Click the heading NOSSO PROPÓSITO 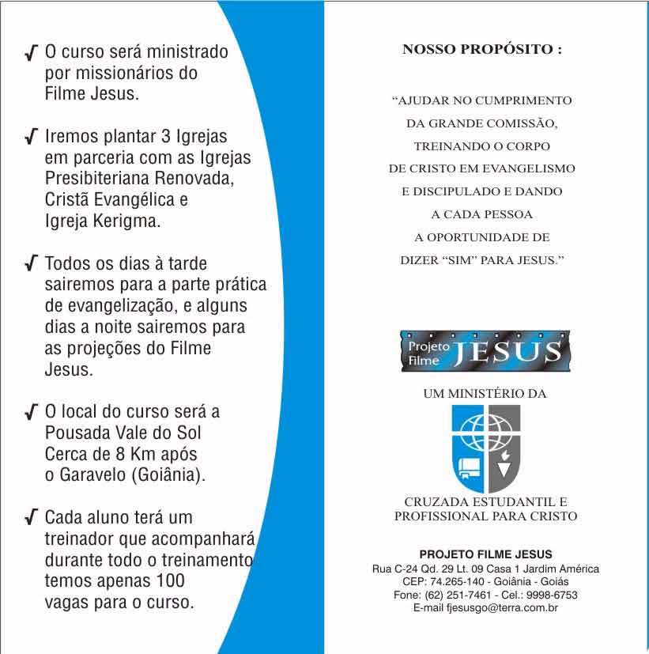tap(482, 49)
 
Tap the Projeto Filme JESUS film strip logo tap(485, 350)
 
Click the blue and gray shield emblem tap(485, 448)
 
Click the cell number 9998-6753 tap(553, 595)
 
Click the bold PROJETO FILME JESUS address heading tap(485, 554)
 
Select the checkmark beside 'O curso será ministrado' tap(31, 54)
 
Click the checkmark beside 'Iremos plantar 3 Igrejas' tap(31, 137)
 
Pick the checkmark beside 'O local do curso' tap(31, 412)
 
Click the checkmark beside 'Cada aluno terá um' tap(31, 519)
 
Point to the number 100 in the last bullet tap(168, 581)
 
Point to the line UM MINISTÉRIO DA tap(485, 392)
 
